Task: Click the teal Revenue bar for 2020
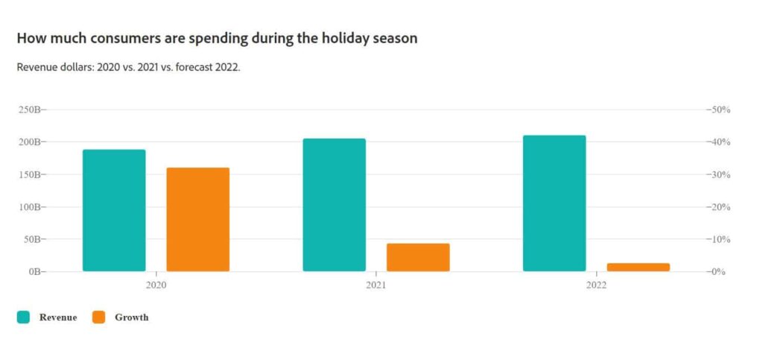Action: (114, 210)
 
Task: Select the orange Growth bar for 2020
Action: (197, 219)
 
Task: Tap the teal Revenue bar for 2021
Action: (334, 205)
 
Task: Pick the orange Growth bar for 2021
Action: (418, 257)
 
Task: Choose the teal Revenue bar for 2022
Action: (554, 203)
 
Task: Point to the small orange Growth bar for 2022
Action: (638, 267)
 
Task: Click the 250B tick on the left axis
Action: (33, 110)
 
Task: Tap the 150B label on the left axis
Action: (33, 174)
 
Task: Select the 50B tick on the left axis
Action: (35, 239)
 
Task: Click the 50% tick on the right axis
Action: (719, 110)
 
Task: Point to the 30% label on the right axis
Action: (719, 174)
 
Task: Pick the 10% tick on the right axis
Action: (719, 239)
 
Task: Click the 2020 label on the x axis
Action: (156, 285)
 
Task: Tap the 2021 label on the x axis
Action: (376, 285)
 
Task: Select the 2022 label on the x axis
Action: (596, 285)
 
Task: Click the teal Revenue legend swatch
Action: (23, 318)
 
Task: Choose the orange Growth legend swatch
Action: (98, 318)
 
